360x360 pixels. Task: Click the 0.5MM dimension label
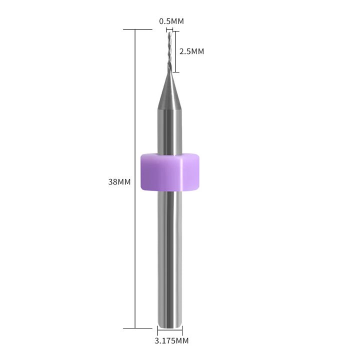171,21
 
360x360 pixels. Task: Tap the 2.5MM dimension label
191,51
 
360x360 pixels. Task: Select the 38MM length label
119,182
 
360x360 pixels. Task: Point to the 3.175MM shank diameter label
171,341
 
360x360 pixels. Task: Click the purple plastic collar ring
169,172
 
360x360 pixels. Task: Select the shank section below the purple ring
169,259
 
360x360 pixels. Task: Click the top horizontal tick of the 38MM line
137,29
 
